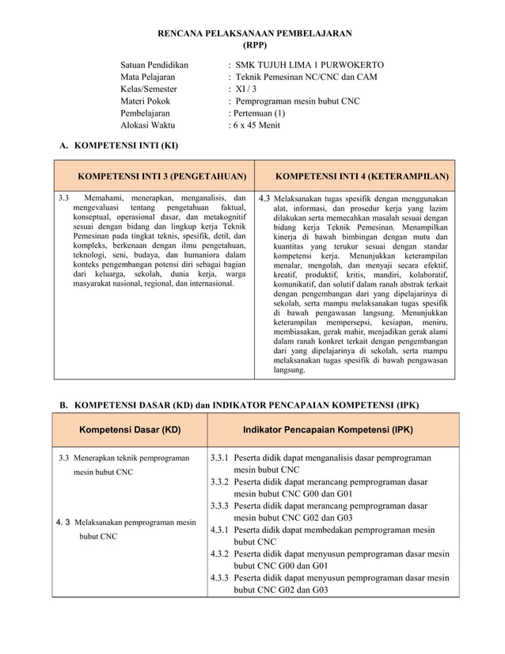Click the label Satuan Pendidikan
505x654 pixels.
154,63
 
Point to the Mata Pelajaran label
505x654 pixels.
147,76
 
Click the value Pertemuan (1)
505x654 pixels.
259,113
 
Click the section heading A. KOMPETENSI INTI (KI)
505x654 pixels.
124,146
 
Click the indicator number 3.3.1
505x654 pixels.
221,458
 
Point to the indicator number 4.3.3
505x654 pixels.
221,577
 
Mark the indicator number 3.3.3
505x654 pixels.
221,505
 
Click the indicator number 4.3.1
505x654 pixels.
221,530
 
